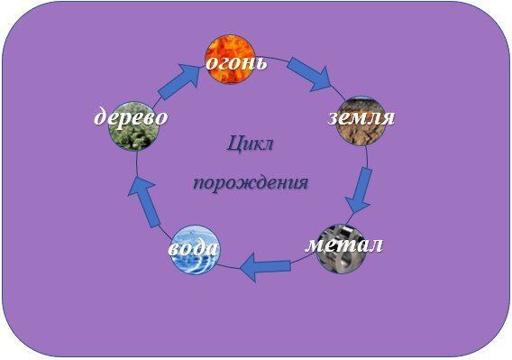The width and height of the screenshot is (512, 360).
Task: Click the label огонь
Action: (236, 63)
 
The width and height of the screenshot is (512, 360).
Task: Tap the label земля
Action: (360, 117)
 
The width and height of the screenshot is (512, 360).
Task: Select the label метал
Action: (344, 244)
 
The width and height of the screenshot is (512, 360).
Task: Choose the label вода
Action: (193, 247)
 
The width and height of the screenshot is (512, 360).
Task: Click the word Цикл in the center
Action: (251, 143)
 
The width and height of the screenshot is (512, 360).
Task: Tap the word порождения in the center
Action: (251, 182)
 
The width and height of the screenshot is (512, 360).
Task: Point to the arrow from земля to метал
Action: (362, 188)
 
